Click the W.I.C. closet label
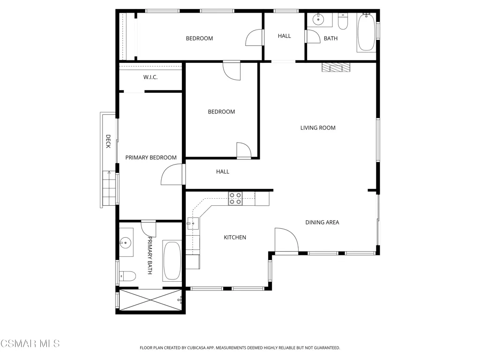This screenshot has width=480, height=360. tap(150, 77)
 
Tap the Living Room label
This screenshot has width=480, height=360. tap(318, 128)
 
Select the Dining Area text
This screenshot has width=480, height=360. tap(322, 223)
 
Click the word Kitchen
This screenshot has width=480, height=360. tap(235, 237)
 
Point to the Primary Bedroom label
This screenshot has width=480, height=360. tap(151, 157)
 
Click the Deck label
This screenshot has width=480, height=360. tap(108, 142)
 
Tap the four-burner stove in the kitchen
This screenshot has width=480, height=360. tap(235, 198)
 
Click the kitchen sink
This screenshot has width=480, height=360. tap(193, 224)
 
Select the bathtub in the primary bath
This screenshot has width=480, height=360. tap(172, 261)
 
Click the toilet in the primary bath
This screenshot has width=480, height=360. tap(127, 276)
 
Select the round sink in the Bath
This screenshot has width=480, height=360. tap(318, 19)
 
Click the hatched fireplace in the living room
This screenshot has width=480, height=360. tap(336, 67)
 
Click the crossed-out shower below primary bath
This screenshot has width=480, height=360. tap(150, 300)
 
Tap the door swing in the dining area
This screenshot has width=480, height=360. tap(286, 240)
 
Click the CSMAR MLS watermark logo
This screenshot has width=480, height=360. tap(30, 344)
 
